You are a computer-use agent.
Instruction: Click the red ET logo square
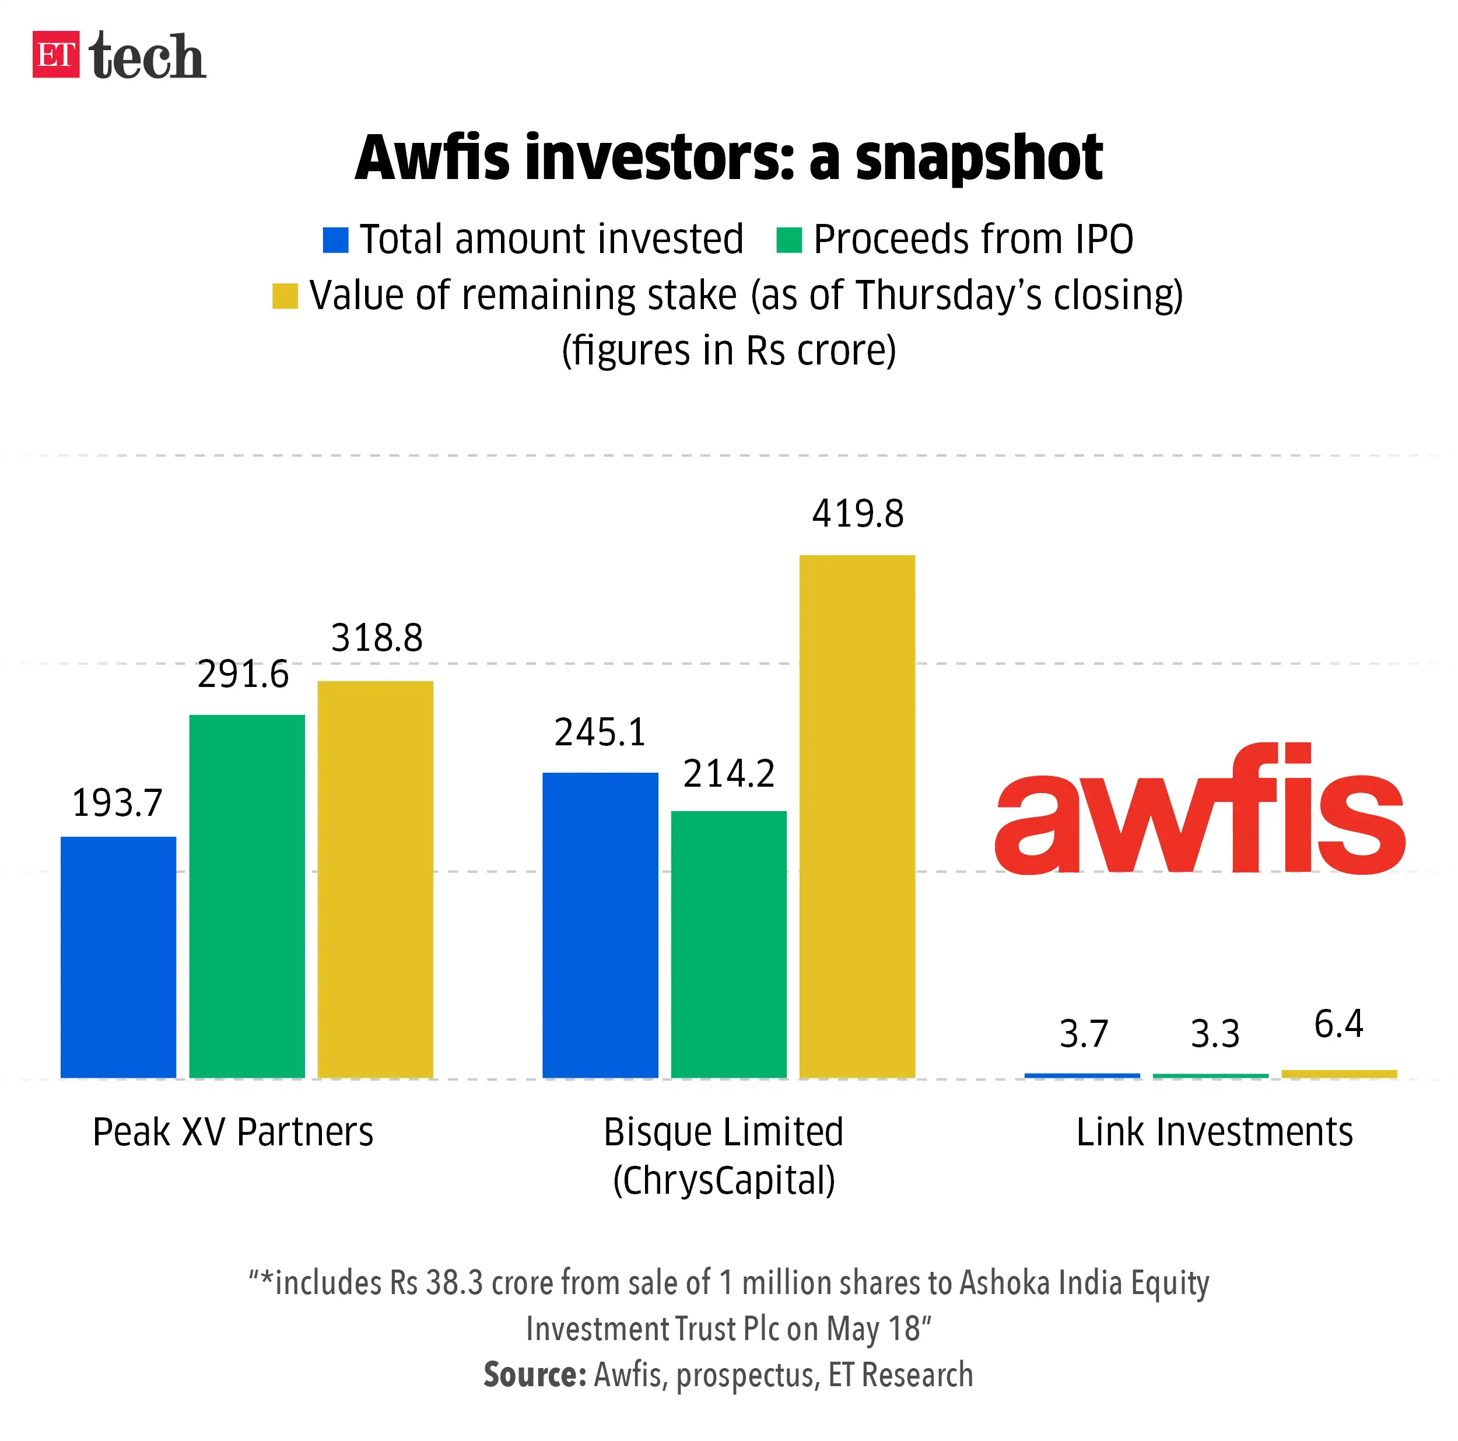coord(55,54)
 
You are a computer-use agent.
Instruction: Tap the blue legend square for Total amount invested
coord(335,240)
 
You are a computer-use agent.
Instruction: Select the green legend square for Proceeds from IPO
coord(788,240)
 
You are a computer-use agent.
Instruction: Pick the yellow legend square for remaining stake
coord(285,296)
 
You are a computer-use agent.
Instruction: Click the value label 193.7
coord(117,803)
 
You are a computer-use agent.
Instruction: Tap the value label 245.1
coord(600,732)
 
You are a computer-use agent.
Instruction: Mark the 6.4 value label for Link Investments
coord(1338,1024)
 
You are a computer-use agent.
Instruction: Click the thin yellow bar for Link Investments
coord(1339,1074)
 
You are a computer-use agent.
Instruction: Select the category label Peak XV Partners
coord(233,1132)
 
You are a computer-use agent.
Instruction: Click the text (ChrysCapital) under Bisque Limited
coord(724,1180)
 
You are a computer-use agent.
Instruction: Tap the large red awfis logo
coord(1199,811)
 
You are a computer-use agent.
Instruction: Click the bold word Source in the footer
coord(534,1375)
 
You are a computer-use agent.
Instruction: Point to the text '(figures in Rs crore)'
coord(728,351)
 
